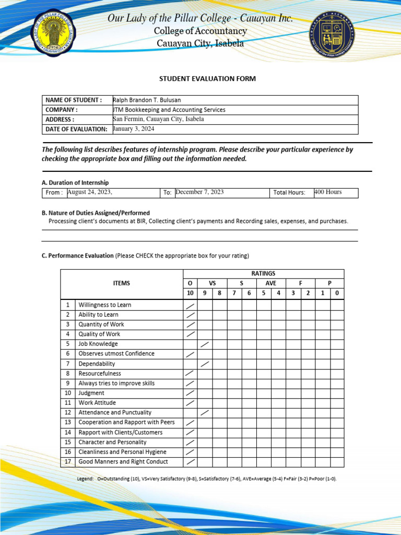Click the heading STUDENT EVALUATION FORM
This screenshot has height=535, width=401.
pyautogui.click(x=207, y=79)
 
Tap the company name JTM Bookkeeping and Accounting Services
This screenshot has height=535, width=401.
pyautogui.click(x=169, y=110)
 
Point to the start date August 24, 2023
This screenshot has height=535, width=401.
pyautogui.click(x=90, y=192)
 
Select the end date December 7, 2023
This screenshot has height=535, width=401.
pyautogui.click(x=199, y=192)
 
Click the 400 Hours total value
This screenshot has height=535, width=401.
pyautogui.click(x=328, y=192)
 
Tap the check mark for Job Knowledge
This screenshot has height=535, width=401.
pyautogui.click(x=205, y=344)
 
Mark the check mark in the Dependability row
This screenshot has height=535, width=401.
pyautogui.click(x=205, y=364)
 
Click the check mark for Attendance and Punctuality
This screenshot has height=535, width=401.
pyautogui.click(x=205, y=413)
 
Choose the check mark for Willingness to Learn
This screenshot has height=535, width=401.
pyautogui.click(x=191, y=305)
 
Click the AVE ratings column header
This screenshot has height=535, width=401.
pyautogui.click(x=271, y=283)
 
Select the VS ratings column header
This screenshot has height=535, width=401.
pyautogui.click(x=213, y=283)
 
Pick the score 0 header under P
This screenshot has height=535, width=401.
pyautogui.click(x=337, y=293)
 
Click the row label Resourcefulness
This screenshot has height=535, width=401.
pyautogui.click(x=100, y=374)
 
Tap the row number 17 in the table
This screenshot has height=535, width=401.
pyautogui.click(x=68, y=462)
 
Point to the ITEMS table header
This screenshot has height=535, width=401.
pyautogui.click(x=122, y=283)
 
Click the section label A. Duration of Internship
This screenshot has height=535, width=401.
pyautogui.click(x=75, y=182)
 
